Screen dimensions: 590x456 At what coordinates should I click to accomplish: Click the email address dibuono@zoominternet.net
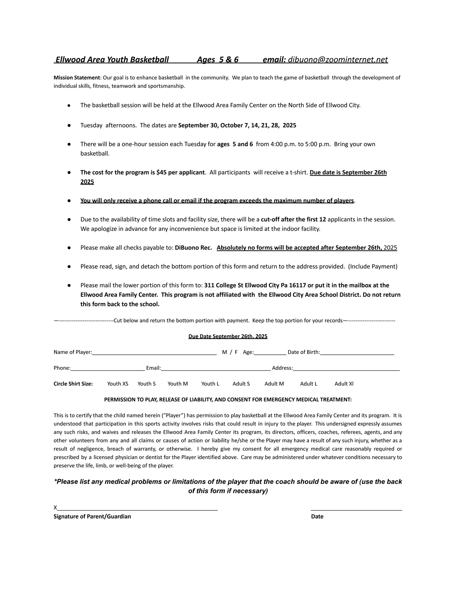(338, 60)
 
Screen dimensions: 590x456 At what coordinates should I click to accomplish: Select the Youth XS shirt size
(117, 384)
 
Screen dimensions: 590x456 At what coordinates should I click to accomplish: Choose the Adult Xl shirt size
(344, 384)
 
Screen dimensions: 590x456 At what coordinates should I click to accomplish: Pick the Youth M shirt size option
(177, 384)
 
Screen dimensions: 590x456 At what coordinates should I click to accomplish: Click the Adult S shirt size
(241, 384)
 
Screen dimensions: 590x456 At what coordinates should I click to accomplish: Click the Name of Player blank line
(154, 352)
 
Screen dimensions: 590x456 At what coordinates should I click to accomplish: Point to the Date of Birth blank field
(357, 352)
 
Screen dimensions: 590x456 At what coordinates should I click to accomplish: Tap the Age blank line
(270, 352)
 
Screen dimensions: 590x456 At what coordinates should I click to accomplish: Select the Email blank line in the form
(215, 368)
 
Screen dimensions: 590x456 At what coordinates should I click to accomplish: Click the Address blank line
(346, 368)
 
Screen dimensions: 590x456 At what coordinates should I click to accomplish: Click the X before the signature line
(55, 508)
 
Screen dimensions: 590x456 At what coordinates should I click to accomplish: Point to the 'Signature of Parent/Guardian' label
(92, 516)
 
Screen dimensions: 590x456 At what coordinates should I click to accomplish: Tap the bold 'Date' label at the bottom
(317, 516)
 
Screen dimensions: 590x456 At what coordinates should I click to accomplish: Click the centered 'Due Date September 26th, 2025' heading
(228, 336)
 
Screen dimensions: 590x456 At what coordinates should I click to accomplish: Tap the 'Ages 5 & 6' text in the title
(218, 60)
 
